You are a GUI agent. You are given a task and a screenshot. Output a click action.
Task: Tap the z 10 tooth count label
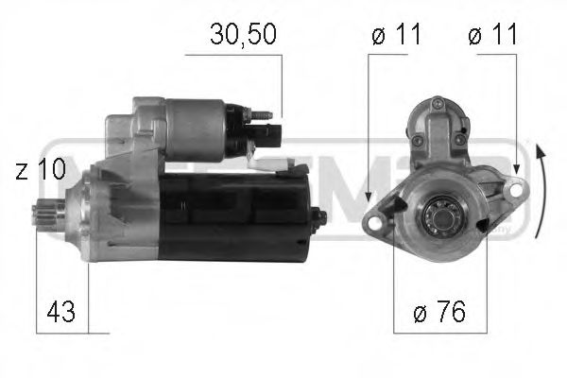click(x=40, y=171)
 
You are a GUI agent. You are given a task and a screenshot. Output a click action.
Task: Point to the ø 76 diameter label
click(x=439, y=312)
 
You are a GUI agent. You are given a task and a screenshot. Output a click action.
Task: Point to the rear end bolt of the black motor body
click(x=318, y=216)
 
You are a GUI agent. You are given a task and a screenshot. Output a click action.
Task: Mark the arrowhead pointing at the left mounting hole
click(x=368, y=214)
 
